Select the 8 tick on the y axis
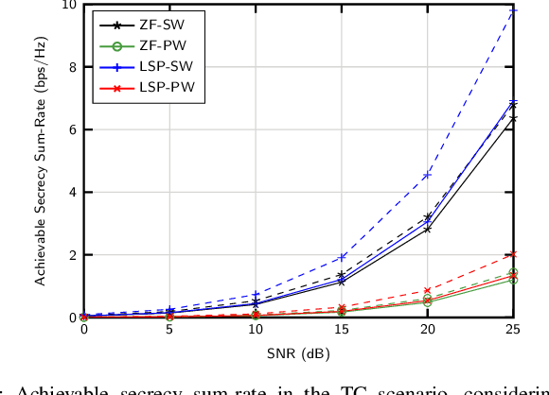(x=72, y=68)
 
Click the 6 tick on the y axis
(x=72, y=130)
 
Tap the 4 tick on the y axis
(x=72, y=193)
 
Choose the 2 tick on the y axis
(x=72, y=255)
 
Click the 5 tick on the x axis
(x=169, y=330)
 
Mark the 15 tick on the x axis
(x=342, y=330)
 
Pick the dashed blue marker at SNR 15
(x=342, y=257)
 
